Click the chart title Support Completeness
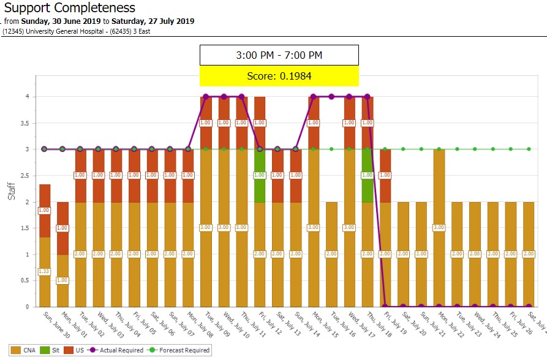click(69, 8)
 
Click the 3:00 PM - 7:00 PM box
click(279, 55)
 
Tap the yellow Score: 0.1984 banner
click(279, 76)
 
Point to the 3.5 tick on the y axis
click(25, 123)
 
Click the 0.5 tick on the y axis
click(25, 280)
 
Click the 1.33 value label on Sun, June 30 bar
click(44, 272)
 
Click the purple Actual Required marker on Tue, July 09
click(206, 97)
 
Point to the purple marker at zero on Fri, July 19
click(385, 306)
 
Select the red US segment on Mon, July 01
click(62, 228)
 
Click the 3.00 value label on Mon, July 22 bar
click(439, 228)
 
